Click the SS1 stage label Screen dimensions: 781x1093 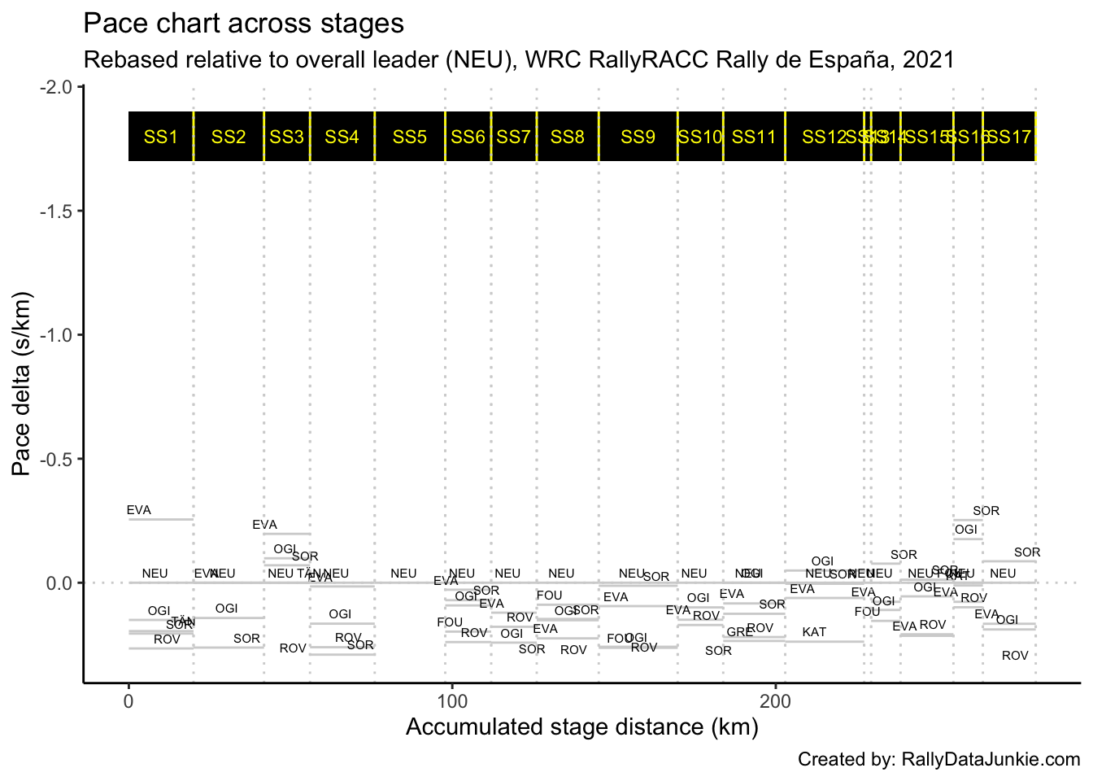[160, 137]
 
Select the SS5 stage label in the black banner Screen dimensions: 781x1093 [409, 137]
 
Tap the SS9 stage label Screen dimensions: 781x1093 [638, 137]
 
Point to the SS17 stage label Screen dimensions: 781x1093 [1009, 137]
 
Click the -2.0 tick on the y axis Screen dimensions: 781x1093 [55, 87]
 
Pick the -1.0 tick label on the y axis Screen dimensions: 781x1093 [55, 335]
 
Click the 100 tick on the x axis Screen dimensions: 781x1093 [452, 701]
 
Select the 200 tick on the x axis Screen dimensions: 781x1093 [776, 701]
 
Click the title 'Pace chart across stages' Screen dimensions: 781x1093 [243, 24]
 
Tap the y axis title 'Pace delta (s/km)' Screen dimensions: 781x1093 [22, 384]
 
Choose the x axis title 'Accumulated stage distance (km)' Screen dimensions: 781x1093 [581, 726]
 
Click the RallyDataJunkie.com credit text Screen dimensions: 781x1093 [938, 759]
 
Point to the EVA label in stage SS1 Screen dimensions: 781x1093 [139, 510]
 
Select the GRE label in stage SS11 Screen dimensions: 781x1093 [739, 632]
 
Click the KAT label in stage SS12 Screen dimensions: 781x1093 [814, 632]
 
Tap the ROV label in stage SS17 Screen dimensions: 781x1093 [1015, 656]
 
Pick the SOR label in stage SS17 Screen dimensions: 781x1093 [1027, 552]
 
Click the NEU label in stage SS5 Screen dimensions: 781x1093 [403, 574]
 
